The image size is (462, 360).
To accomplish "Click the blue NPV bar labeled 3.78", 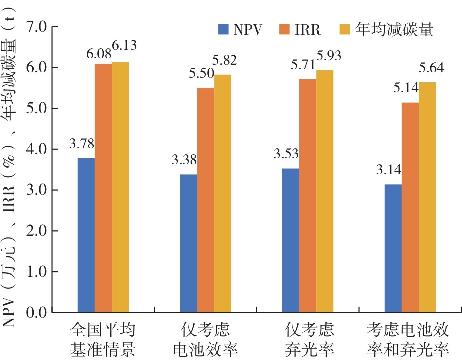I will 86,235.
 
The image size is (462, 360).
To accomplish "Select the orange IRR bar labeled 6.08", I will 103,188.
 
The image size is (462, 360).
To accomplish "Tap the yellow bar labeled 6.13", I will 120,187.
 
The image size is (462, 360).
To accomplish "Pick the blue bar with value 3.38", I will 189,243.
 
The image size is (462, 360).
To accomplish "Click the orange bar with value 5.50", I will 206,200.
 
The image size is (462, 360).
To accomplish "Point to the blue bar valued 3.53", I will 291,240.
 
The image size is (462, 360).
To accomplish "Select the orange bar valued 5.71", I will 308,196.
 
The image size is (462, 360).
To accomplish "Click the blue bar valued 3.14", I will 393,248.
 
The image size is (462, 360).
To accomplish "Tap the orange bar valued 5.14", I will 410,207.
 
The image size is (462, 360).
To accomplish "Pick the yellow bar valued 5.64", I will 427,197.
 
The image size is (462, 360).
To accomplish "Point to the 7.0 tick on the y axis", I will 35,27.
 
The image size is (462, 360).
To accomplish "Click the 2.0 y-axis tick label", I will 35,231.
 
